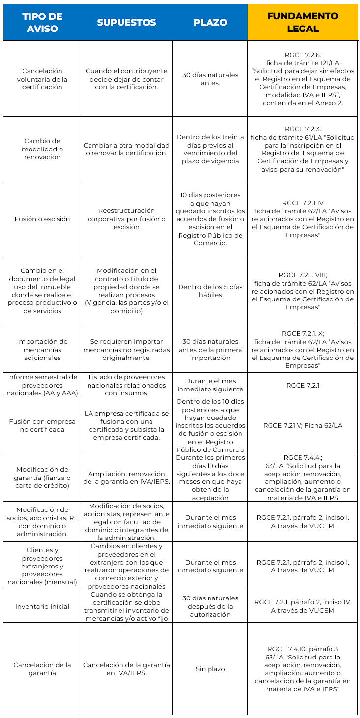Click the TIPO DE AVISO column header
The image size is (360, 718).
(x=42, y=23)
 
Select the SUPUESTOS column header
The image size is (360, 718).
(x=126, y=23)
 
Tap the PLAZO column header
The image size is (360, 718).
(x=210, y=23)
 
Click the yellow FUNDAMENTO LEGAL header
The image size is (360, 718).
(x=302, y=23)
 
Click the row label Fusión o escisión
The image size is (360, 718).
(x=42, y=219)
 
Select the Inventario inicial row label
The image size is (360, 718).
(x=42, y=606)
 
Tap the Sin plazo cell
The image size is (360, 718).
(x=210, y=669)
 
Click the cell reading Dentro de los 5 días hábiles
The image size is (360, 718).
(x=210, y=291)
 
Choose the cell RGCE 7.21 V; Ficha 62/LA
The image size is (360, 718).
(x=302, y=425)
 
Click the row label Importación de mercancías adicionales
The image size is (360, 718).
(x=42, y=349)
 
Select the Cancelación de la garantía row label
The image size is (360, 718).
(x=42, y=669)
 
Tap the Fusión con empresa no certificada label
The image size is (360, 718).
(x=42, y=425)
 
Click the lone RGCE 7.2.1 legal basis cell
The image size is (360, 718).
(x=302, y=385)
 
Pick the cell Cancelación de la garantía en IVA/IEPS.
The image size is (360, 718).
(x=126, y=669)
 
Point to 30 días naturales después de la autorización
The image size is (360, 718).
(x=210, y=606)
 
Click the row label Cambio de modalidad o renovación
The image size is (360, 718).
(x=42, y=149)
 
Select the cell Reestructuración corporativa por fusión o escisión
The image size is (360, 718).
(x=126, y=219)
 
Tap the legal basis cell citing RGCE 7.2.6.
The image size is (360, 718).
(x=302, y=79)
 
